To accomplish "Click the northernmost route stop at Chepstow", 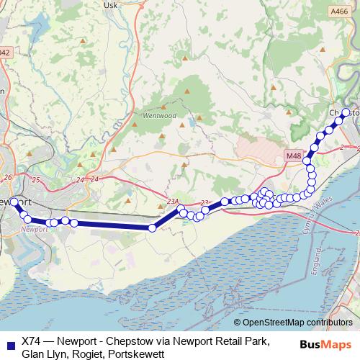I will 346,112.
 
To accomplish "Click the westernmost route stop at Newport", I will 14,202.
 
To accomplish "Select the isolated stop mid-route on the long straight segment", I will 152,228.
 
